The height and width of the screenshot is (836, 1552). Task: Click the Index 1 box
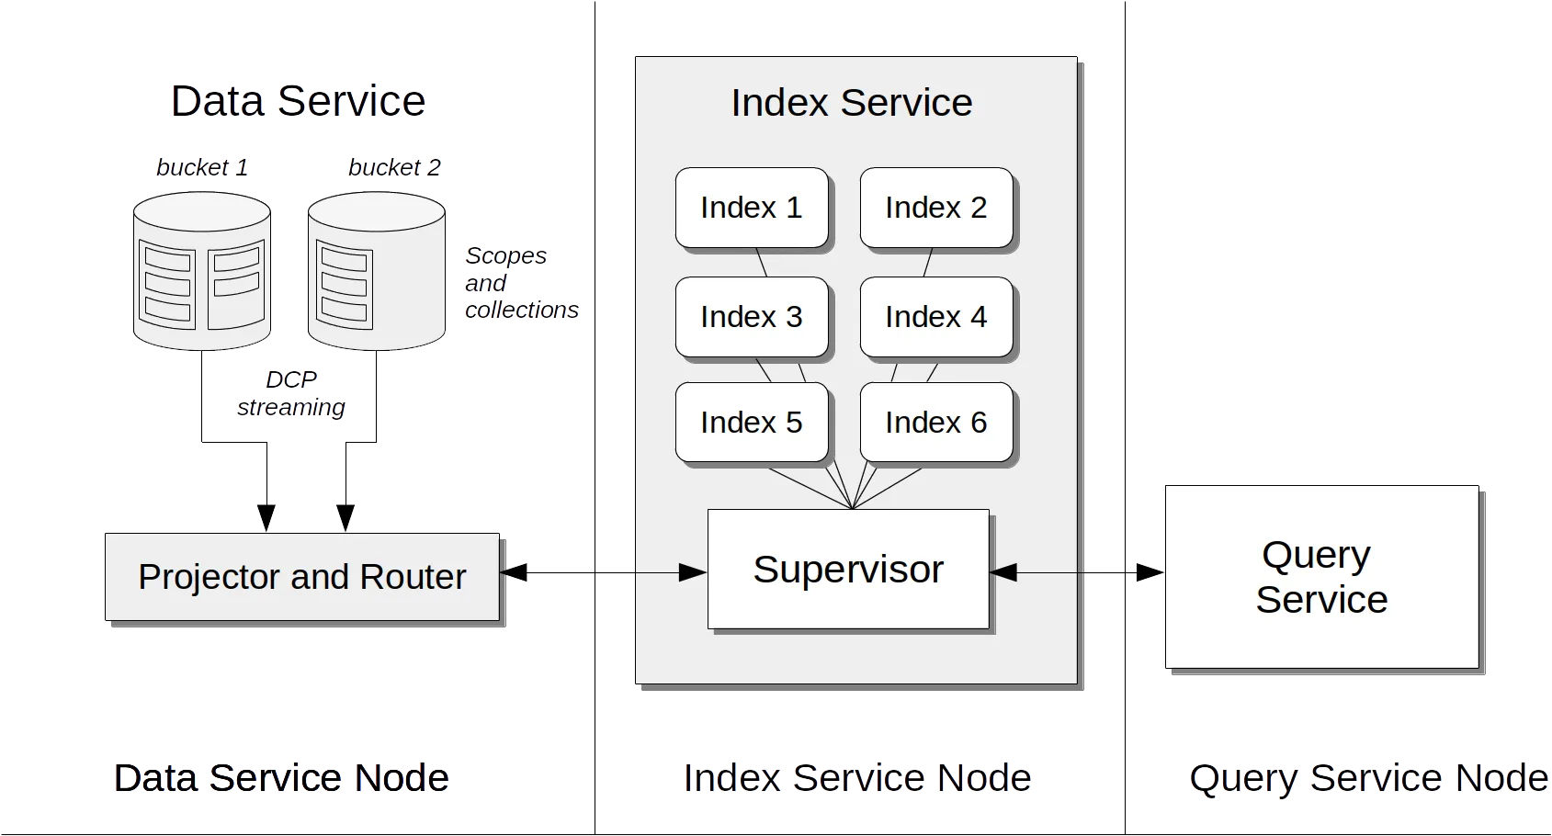[x=752, y=208]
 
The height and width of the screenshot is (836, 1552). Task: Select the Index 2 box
[x=936, y=208]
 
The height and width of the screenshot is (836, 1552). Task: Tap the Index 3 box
[x=752, y=317]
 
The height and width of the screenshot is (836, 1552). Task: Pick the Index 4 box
[x=936, y=317]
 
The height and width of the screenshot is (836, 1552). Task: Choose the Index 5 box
[x=752, y=423]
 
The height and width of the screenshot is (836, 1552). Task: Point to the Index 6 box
[x=936, y=423]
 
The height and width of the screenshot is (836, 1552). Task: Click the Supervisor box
[x=848, y=570]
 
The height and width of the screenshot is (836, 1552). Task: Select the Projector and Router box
[x=301, y=577]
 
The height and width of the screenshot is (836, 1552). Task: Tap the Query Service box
[x=1321, y=577]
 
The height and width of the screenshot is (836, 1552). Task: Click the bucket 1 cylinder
[x=202, y=271]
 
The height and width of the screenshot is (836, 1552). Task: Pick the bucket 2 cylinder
[x=377, y=271]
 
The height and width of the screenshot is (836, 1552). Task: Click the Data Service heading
[x=298, y=101]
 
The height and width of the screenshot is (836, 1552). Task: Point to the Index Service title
[x=852, y=103]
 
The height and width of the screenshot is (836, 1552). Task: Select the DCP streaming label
[x=290, y=393]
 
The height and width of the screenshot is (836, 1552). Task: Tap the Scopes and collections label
[x=519, y=283]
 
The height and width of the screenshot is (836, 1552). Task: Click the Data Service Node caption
[x=281, y=779]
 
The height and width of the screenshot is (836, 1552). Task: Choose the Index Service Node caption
[x=857, y=779]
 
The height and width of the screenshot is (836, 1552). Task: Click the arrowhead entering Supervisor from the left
[x=693, y=572]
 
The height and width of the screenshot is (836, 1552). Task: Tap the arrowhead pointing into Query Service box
[x=1149, y=572]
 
